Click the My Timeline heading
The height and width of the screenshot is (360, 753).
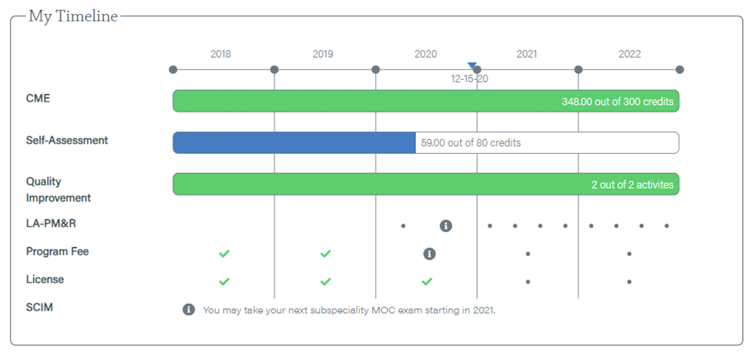click(x=73, y=16)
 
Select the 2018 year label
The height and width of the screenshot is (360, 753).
click(x=221, y=54)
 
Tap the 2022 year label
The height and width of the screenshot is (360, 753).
click(x=630, y=54)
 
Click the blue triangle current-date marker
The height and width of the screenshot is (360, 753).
click(x=472, y=65)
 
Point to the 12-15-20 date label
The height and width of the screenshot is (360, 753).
click(x=469, y=78)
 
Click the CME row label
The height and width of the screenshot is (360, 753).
click(x=38, y=98)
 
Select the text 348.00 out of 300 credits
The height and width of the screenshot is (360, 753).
click(x=617, y=102)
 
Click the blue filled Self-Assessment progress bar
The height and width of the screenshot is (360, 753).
click(x=294, y=143)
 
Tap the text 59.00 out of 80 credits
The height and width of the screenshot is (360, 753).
click(x=471, y=143)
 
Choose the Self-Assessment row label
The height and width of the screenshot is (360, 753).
click(x=67, y=140)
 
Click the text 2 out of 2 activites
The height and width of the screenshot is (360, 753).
click(x=632, y=184)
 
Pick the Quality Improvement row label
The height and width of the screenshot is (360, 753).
click(x=58, y=189)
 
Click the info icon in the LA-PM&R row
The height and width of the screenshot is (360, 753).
click(x=446, y=226)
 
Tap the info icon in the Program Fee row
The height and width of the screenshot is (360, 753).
click(x=429, y=254)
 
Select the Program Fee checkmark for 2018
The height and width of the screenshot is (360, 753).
click(x=224, y=254)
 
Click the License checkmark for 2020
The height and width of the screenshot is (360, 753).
click(x=427, y=282)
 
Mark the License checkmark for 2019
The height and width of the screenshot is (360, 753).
click(x=325, y=282)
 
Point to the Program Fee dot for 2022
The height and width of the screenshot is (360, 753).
click(x=630, y=254)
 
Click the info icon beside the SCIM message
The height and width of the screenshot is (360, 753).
click(x=189, y=310)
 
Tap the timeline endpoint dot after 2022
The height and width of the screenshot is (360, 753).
click(x=679, y=70)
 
